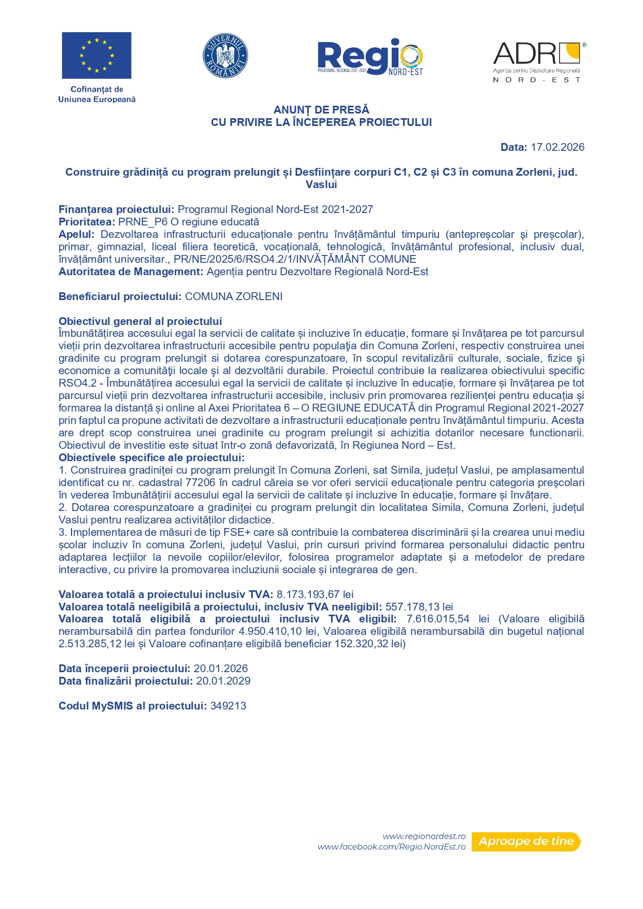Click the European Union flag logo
pyautogui.click(x=96, y=55)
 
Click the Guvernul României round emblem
pyautogui.click(x=225, y=56)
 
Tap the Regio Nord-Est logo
pyautogui.click(x=370, y=58)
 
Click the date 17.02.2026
pyautogui.click(x=558, y=147)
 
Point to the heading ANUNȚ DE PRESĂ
pyautogui.click(x=321, y=110)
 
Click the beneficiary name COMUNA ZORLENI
pyautogui.click(x=234, y=296)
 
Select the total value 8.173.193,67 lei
pyautogui.click(x=315, y=594)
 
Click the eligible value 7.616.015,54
pyautogui.click(x=438, y=619)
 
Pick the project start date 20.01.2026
pyautogui.click(x=221, y=669)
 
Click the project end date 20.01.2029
pyautogui.click(x=223, y=681)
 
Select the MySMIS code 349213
pyautogui.click(x=228, y=706)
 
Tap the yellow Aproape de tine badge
pyautogui.click(x=526, y=841)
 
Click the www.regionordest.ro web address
pyautogui.click(x=424, y=836)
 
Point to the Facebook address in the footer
pyautogui.click(x=392, y=847)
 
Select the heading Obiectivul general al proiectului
pyautogui.click(x=140, y=321)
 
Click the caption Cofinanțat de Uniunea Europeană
pyautogui.click(x=97, y=94)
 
